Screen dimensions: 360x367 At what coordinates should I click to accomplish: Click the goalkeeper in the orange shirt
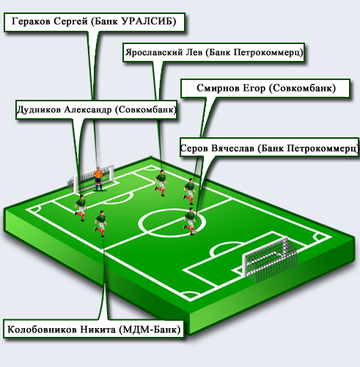click(x=98, y=179)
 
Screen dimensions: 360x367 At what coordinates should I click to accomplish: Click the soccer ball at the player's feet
click(x=195, y=233)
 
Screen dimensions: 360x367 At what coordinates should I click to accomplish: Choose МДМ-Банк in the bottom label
click(x=150, y=330)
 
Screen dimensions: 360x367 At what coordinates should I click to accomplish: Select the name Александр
click(x=88, y=110)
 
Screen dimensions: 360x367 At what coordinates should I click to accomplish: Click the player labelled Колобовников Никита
click(x=100, y=223)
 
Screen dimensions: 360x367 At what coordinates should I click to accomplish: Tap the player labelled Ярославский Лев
click(x=161, y=183)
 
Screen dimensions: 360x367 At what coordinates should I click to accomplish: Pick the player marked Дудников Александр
click(x=81, y=208)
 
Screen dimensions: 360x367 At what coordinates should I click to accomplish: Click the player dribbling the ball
click(x=190, y=222)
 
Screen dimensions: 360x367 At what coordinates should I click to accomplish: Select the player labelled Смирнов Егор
click(x=190, y=192)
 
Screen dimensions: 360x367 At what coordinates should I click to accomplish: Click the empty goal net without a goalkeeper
click(x=270, y=259)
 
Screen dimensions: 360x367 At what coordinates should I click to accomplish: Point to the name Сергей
click(x=70, y=21)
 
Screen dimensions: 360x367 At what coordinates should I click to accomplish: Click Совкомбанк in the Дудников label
click(x=145, y=110)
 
